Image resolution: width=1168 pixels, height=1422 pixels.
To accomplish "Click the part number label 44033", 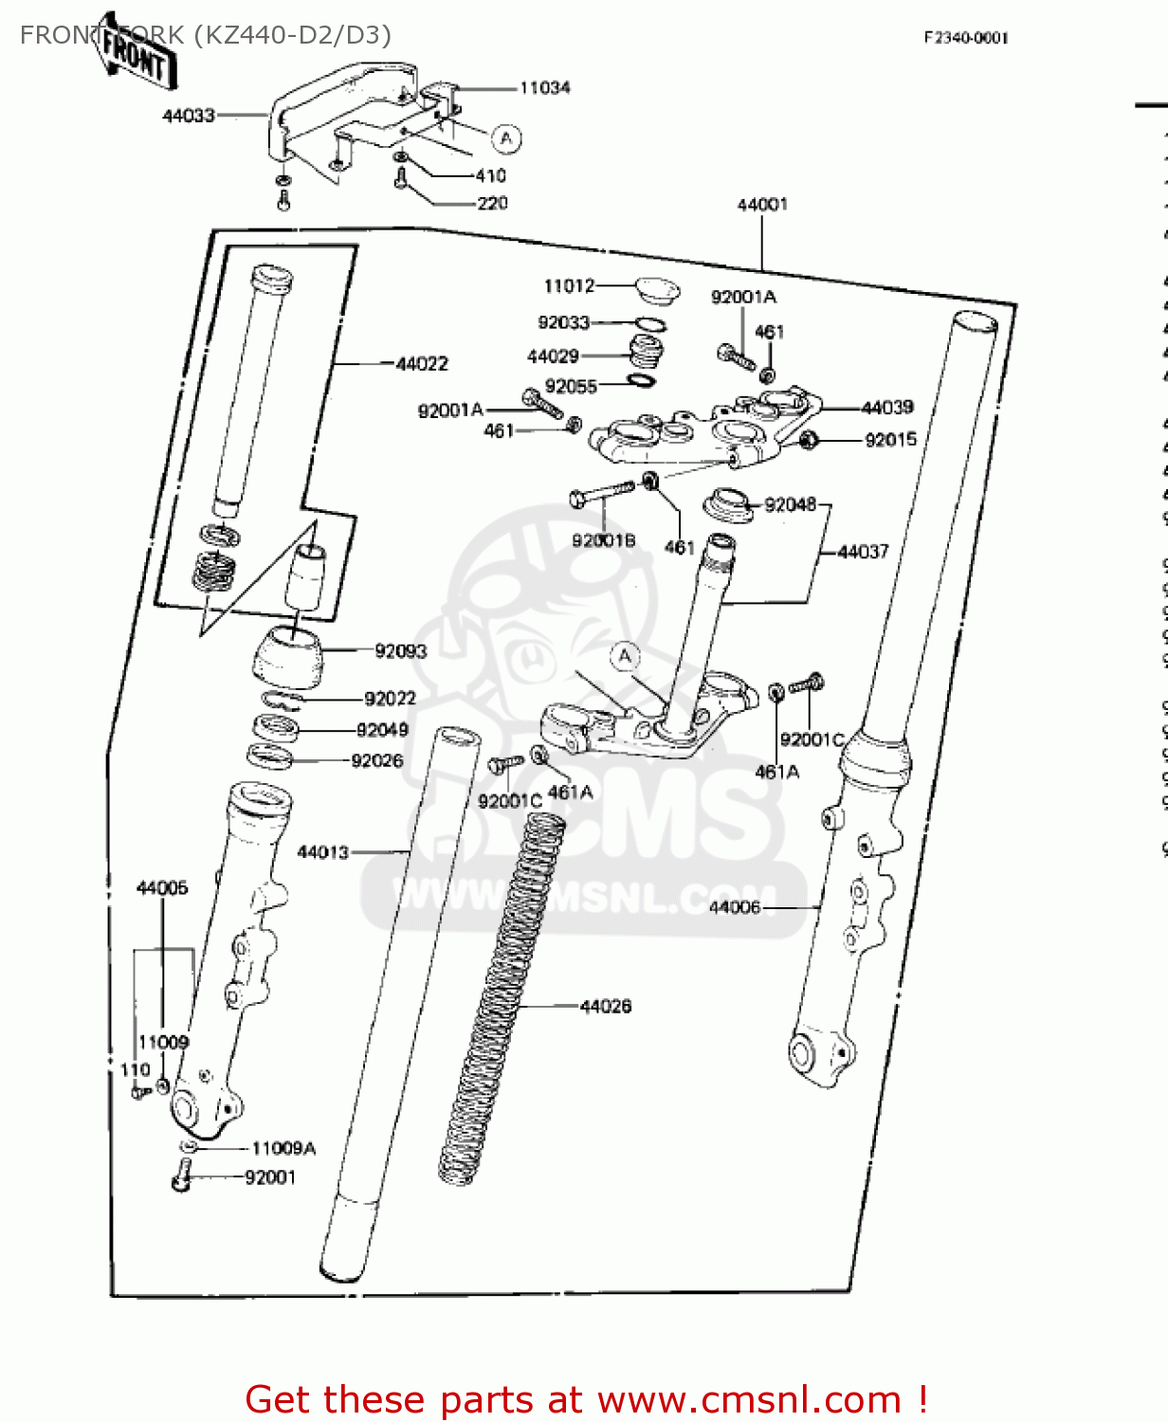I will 189,116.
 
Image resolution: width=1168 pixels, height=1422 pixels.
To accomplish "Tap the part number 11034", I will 544,88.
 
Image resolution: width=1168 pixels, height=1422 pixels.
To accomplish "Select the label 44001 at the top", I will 762,205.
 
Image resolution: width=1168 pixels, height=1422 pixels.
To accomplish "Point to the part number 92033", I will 563,323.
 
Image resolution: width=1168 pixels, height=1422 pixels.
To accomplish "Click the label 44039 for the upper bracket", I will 887,408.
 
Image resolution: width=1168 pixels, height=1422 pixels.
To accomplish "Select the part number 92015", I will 890,440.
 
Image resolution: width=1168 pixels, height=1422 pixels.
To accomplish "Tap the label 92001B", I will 603,540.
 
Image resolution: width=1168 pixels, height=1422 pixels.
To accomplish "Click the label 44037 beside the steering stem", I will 863,552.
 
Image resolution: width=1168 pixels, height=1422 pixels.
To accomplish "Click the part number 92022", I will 390,699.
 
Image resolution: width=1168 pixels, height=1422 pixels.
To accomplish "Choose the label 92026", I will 376,761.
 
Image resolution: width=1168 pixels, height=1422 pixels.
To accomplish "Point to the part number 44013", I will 323,852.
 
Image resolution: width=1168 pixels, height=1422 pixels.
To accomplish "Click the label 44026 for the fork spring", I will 605,1006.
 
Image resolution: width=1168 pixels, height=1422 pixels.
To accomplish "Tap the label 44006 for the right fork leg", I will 735,907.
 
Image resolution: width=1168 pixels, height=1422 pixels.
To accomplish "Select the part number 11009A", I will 283,1149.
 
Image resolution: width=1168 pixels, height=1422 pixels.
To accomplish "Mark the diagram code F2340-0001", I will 966,38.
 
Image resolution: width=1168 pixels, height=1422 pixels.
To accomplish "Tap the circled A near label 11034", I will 506,139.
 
